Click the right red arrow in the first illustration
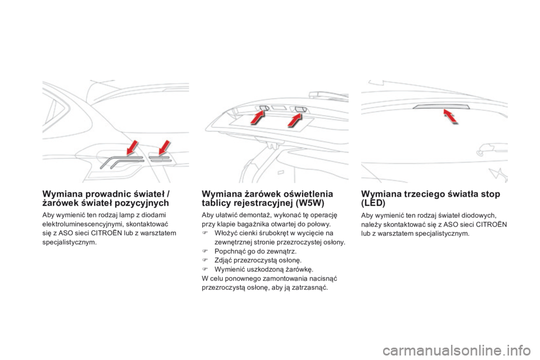(x=165, y=148)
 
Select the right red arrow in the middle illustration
(x=295, y=119)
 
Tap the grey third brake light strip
(x=433, y=107)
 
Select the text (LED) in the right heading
(x=373, y=202)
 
